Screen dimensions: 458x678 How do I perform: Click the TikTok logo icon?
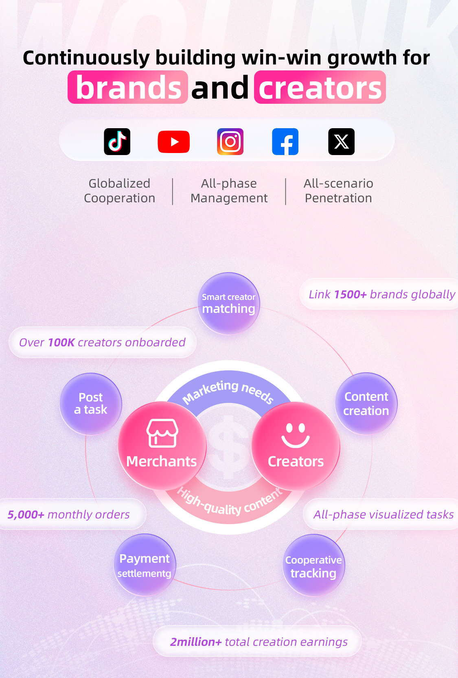click(x=117, y=141)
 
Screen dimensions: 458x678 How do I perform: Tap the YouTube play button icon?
click(x=174, y=142)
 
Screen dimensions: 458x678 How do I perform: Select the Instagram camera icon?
click(x=230, y=141)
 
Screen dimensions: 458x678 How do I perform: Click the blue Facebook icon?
click(x=285, y=141)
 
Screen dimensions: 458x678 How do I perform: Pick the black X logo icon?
click(x=342, y=141)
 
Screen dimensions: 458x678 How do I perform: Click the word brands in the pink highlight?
click(x=128, y=87)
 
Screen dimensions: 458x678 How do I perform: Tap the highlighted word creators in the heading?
click(x=320, y=87)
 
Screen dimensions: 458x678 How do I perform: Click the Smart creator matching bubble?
click(x=228, y=303)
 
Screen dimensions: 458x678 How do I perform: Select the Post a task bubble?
click(x=91, y=404)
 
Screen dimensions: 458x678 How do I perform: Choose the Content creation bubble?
click(x=366, y=404)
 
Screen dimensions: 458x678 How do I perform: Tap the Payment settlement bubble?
click(x=145, y=565)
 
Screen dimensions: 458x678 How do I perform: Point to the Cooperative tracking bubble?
click(x=313, y=565)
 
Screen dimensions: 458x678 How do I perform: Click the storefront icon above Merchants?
click(x=162, y=433)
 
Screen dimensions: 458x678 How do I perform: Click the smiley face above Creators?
click(x=296, y=435)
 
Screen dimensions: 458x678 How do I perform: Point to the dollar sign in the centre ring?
click(x=229, y=445)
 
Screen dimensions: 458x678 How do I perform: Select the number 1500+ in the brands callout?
click(x=350, y=294)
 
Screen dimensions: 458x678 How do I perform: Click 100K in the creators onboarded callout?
click(x=61, y=342)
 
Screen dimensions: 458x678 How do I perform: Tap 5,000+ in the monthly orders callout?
click(x=26, y=514)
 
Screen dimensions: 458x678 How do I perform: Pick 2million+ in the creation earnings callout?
click(x=196, y=642)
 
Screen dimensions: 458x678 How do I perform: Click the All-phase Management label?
click(x=229, y=191)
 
